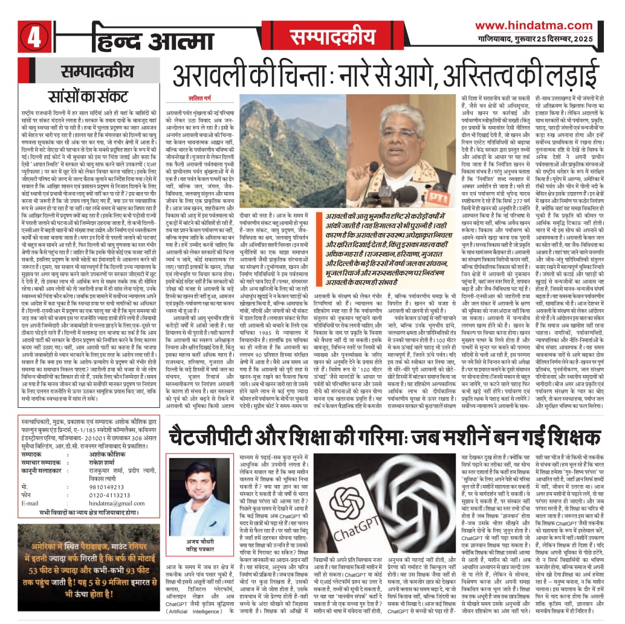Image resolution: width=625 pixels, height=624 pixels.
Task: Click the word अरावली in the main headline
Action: (211, 77)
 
